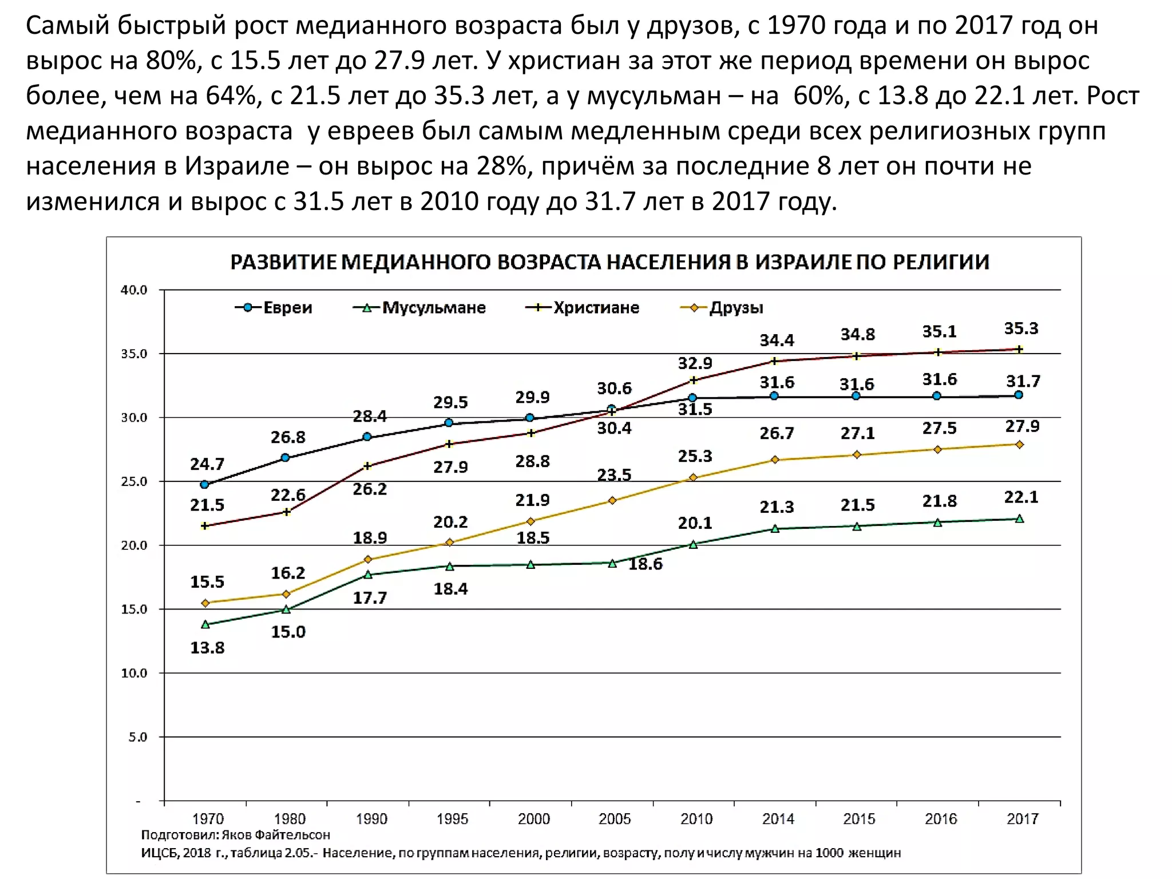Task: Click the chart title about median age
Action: [609, 262]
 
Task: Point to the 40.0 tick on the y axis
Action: [134, 290]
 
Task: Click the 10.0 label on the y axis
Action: [134, 674]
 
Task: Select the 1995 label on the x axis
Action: [452, 819]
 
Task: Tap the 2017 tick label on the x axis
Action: [1022, 819]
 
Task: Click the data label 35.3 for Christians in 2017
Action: [1021, 328]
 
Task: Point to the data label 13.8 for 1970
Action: [207, 648]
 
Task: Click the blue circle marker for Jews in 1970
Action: [204, 485]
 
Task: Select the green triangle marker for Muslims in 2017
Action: [1019, 519]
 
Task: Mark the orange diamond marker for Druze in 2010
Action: [693, 477]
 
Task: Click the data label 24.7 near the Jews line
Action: [207, 464]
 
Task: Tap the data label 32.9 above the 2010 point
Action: [695, 363]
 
